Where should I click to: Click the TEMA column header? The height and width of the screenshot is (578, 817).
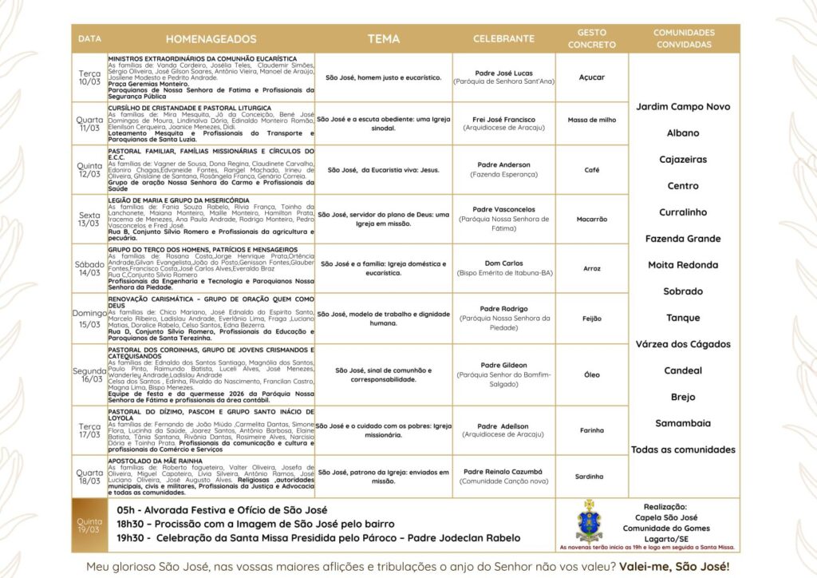click(x=384, y=38)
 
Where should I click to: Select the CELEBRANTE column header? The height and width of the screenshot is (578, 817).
click(x=503, y=38)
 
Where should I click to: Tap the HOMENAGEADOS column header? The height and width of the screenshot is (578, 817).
click(x=211, y=38)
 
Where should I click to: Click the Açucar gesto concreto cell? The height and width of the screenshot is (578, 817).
click(x=592, y=77)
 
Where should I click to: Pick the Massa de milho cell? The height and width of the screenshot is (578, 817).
click(x=592, y=120)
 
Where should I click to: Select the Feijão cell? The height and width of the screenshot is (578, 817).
click(x=592, y=318)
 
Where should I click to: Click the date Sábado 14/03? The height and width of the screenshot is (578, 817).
click(x=89, y=267)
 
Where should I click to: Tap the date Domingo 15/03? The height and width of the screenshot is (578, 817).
click(x=89, y=319)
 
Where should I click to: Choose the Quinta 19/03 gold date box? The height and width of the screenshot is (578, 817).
click(x=89, y=525)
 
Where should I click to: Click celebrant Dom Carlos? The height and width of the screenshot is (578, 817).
click(x=503, y=263)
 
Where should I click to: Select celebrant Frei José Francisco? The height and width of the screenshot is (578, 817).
click(x=503, y=119)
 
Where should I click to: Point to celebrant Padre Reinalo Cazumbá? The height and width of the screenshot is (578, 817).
click(x=503, y=471)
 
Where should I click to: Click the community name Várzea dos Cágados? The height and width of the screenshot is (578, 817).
click(x=683, y=344)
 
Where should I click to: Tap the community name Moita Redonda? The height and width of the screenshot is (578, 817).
click(x=683, y=265)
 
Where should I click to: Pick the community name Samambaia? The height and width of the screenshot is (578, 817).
click(x=683, y=423)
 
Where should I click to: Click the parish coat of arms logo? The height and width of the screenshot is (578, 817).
click(x=589, y=521)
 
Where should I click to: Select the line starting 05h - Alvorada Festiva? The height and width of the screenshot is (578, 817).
click(x=221, y=509)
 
